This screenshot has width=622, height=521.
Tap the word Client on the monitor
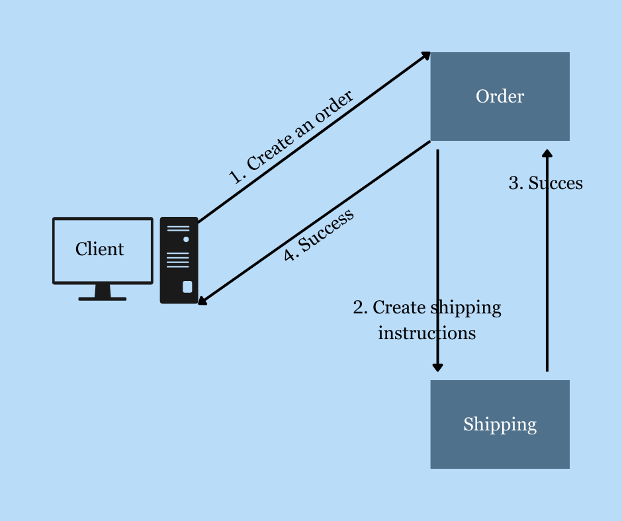click(99, 249)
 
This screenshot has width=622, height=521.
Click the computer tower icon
click(179, 260)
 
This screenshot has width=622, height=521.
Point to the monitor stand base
click(103, 299)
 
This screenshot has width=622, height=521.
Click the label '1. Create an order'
click(290, 136)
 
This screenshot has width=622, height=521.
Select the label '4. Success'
click(318, 234)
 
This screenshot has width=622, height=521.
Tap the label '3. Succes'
click(545, 183)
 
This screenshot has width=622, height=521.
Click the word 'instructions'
click(427, 333)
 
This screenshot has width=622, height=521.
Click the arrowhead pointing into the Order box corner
click(425, 56)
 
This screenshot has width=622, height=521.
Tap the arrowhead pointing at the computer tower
click(202, 301)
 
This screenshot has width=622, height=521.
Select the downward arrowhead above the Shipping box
click(437, 367)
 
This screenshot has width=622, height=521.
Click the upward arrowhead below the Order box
click(547, 154)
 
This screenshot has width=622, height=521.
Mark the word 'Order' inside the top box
click(500, 97)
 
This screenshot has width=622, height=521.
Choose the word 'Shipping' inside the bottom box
click(500, 424)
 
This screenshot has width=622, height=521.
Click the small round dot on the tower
click(186, 239)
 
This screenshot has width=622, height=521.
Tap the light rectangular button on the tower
click(187, 287)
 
